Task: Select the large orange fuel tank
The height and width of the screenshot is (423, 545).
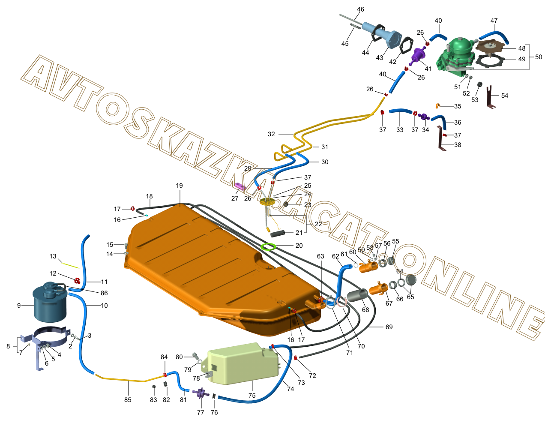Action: [x=214, y=266]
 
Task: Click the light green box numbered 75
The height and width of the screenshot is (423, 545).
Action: [x=242, y=363]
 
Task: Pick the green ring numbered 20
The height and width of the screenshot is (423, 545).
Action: [x=269, y=246]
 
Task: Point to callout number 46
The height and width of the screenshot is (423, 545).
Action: [x=360, y=9]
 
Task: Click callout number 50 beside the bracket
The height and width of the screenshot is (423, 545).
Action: [x=539, y=57]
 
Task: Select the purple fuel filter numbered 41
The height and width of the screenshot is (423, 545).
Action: [x=417, y=56]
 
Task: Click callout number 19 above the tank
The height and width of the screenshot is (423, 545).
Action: [x=179, y=186]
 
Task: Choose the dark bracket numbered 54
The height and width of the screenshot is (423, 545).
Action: [x=491, y=97]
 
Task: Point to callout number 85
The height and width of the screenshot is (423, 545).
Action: [x=128, y=400]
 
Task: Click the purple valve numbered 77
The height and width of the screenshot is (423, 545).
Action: [x=200, y=392]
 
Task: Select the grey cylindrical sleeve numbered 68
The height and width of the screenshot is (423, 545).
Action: [x=358, y=295]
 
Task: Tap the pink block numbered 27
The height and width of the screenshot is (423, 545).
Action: [x=239, y=186]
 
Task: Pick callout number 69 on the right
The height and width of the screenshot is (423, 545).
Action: [x=389, y=327]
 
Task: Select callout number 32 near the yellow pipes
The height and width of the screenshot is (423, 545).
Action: [x=271, y=134]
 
